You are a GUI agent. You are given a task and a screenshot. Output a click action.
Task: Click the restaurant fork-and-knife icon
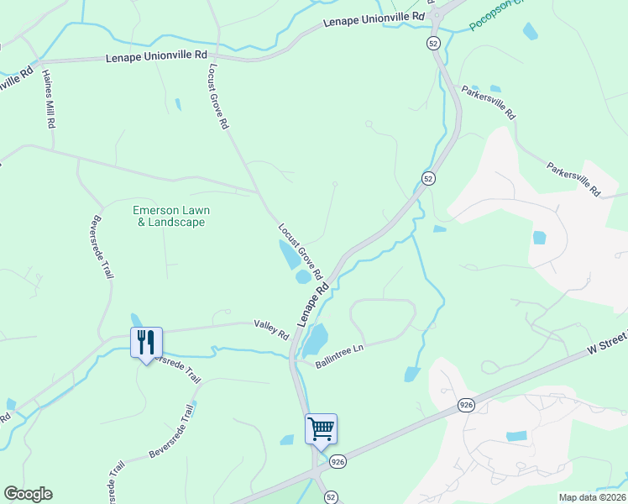(x=145, y=342)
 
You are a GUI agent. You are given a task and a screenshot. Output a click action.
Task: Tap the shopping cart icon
(x=321, y=428)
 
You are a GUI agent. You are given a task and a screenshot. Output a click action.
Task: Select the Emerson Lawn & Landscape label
(x=171, y=216)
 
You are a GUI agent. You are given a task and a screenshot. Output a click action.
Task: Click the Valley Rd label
(x=271, y=329)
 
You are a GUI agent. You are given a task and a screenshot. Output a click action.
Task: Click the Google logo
(x=28, y=494)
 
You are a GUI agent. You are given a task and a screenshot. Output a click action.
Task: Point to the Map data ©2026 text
(x=591, y=497)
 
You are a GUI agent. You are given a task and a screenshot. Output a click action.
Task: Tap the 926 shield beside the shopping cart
(x=338, y=461)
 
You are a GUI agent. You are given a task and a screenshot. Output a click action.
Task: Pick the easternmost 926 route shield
(x=466, y=405)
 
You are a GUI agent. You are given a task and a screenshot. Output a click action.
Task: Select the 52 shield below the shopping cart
(x=331, y=496)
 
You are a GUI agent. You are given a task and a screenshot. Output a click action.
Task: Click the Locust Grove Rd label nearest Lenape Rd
(x=301, y=251)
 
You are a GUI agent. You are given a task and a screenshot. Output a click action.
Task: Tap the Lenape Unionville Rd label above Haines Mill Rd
(x=156, y=56)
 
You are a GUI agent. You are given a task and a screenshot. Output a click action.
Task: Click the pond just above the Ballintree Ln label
(x=315, y=340)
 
